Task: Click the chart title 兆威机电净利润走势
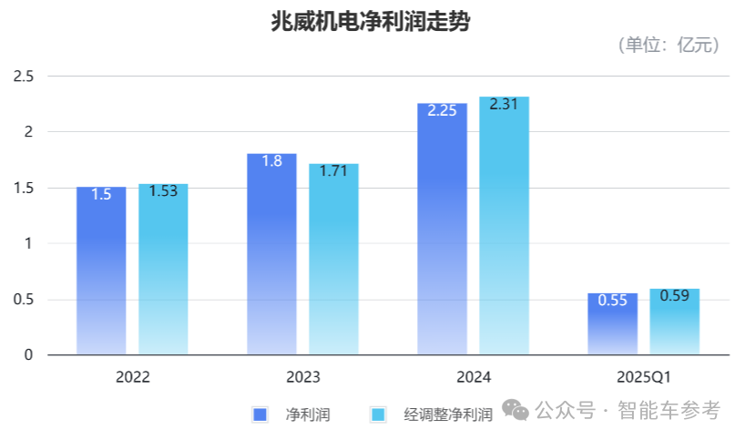pyautogui.click(x=371, y=22)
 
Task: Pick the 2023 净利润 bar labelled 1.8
pyautogui.click(x=271, y=254)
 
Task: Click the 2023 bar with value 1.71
pyautogui.click(x=333, y=259)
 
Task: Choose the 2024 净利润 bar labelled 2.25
pyautogui.click(x=442, y=229)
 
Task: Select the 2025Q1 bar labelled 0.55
pyautogui.click(x=612, y=324)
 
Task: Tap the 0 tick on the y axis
pyautogui.click(x=28, y=355)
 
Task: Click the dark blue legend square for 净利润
pyautogui.click(x=260, y=414)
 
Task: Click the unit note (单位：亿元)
pyautogui.click(x=668, y=46)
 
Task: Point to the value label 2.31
pyautogui.click(x=504, y=105)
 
